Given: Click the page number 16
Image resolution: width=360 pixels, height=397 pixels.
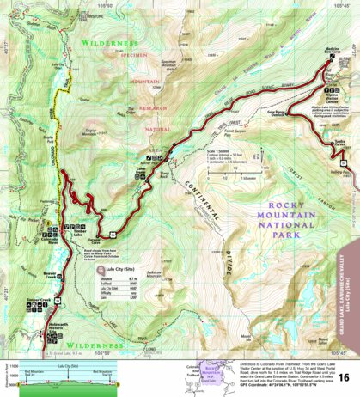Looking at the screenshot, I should (x=343, y=377).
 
